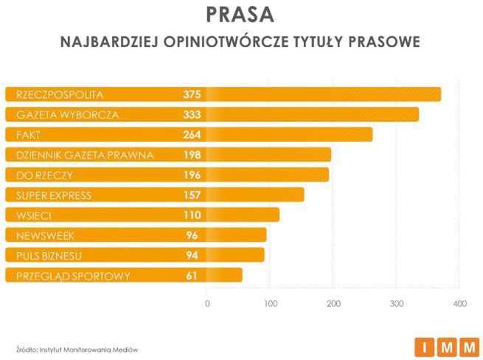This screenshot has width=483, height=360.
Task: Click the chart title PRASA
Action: [x=241, y=15]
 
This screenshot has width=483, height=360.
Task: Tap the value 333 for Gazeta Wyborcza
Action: [x=192, y=114]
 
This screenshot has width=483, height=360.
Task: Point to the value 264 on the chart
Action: [x=192, y=134]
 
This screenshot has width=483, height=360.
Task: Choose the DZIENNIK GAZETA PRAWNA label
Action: [x=84, y=155]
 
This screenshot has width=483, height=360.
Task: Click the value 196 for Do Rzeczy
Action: [x=192, y=175]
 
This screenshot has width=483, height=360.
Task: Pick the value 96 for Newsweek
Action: [x=195, y=235]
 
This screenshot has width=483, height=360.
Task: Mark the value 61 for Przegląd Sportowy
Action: [x=195, y=276]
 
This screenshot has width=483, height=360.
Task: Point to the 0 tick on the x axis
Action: [x=207, y=303]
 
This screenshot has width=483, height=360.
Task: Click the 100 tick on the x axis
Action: [x=271, y=303]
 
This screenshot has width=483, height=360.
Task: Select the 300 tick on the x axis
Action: [x=397, y=303]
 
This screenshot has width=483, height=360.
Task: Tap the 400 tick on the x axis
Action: [x=460, y=303]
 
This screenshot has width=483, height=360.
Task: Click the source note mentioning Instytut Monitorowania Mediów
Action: [x=77, y=349]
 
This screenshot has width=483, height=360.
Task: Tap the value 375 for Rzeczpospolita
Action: [x=192, y=94]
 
